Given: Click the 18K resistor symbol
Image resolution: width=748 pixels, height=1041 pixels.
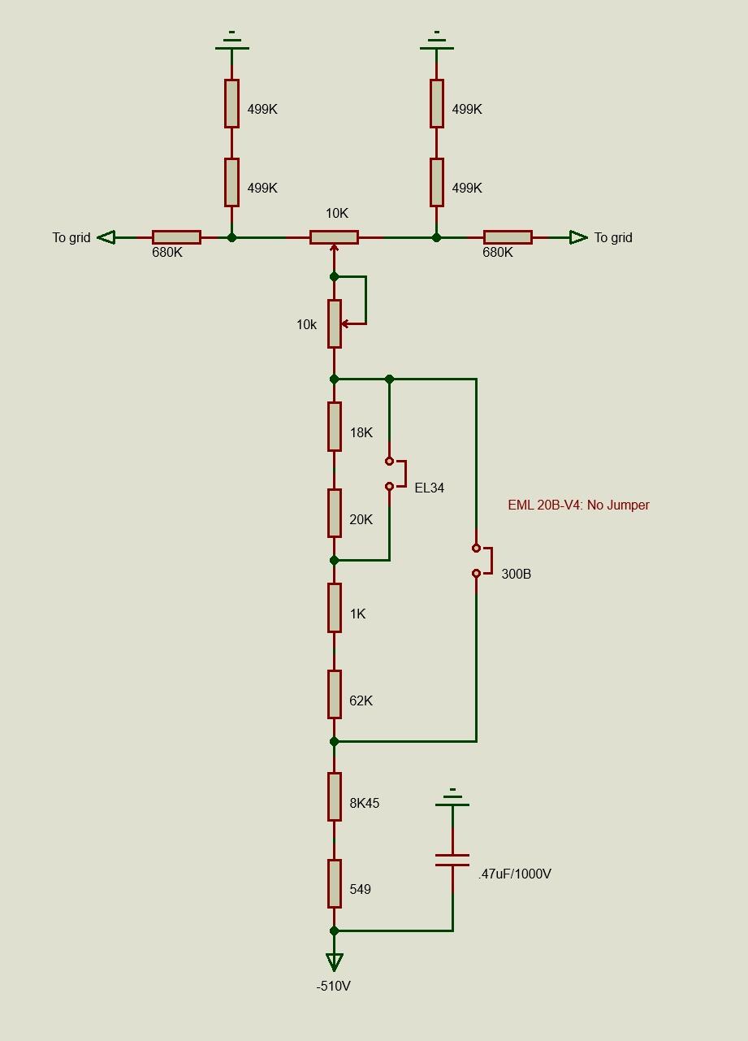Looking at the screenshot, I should [x=334, y=427].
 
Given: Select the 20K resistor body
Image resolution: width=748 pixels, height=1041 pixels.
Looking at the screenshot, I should [x=334, y=513].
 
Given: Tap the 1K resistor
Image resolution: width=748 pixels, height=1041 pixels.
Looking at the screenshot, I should [x=334, y=607].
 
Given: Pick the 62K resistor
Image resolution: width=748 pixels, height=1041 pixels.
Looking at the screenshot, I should [x=334, y=694].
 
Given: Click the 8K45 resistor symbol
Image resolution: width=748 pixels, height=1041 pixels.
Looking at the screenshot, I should [x=334, y=796].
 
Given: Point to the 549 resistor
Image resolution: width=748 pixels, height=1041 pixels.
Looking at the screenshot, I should [x=334, y=883].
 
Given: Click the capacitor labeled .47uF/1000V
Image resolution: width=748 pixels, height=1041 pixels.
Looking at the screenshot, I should [x=452, y=860].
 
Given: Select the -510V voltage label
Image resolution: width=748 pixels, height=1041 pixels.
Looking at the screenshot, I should [x=334, y=986].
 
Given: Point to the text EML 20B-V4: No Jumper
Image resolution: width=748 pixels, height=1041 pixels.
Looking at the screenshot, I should [x=578, y=505].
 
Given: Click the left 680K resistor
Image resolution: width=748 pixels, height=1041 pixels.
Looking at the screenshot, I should [x=176, y=237].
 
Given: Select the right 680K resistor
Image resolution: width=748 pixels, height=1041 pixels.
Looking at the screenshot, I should [x=508, y=237].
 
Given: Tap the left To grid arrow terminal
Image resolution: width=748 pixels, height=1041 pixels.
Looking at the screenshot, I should [x=106, y=237].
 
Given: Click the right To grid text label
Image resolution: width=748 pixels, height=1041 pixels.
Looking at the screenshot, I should [x=613, y=237].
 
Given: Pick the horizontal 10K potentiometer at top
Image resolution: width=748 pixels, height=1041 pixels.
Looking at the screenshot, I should [x=334, y=237].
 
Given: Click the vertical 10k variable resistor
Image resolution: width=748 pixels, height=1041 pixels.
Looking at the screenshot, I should [x=334, y=324].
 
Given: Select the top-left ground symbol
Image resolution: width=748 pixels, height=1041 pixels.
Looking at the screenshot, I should [x=231, y=42].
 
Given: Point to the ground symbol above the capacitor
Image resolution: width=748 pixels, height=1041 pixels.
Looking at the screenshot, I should [x=452, y=798].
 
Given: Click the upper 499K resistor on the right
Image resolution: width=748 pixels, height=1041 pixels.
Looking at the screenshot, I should [x=437, y=103].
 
